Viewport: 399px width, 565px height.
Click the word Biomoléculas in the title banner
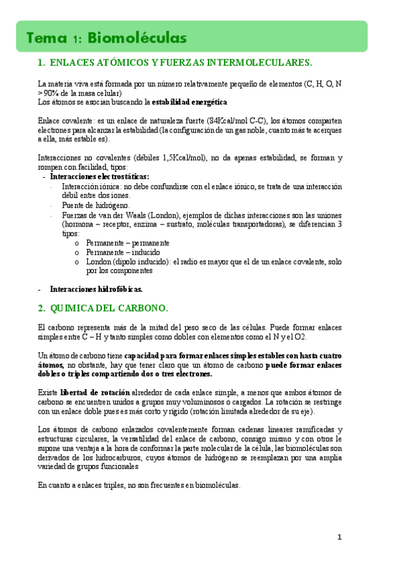point(137,37)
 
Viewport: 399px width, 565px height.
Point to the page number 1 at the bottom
point(339,537)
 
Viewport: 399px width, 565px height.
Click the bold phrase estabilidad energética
point(189,102)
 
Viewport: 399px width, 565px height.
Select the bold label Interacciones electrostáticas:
point(99,177)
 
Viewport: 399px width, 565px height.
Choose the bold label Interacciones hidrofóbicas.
point(96,289)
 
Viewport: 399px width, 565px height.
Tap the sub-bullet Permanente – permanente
point(127,243)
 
